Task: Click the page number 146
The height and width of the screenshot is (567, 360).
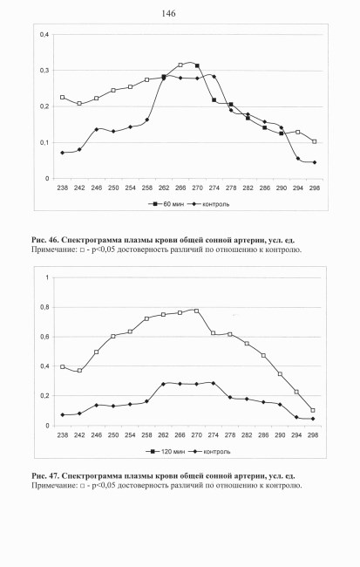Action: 168,14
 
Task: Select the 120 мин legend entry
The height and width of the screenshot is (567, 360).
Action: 165,451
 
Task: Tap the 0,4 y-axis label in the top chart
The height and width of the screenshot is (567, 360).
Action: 44,35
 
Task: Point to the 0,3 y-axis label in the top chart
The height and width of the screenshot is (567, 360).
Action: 44,71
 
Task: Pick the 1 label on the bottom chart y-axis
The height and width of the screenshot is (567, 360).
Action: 46,277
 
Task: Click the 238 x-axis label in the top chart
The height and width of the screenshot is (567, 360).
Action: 63,188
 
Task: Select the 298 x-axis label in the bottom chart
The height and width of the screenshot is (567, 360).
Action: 313,435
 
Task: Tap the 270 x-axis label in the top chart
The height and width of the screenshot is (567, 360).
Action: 197,188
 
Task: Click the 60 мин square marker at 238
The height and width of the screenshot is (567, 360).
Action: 63,98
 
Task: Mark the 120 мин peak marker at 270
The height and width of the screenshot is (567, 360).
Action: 197,311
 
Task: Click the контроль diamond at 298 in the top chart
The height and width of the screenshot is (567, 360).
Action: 314,162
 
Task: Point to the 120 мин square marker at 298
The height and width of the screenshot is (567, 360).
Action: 313,411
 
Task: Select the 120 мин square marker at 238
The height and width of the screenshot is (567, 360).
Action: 63,366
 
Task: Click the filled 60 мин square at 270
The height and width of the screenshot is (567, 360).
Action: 197,65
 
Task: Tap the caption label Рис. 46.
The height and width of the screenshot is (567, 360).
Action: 44,240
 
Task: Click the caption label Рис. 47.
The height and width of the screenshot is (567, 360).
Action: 44,476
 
